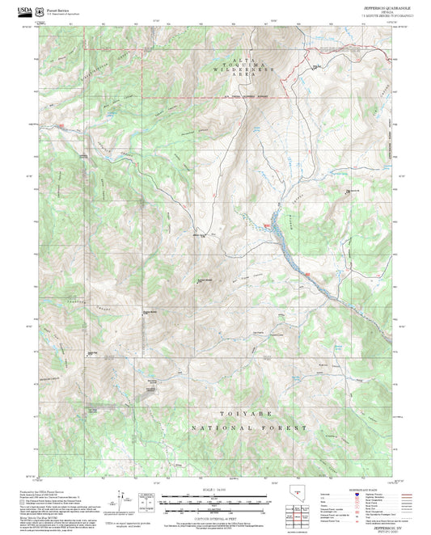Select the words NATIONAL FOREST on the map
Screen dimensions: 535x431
pos(249,428)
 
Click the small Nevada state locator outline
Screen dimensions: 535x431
pos(296,494)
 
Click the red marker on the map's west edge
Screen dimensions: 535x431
pos(58,126)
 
